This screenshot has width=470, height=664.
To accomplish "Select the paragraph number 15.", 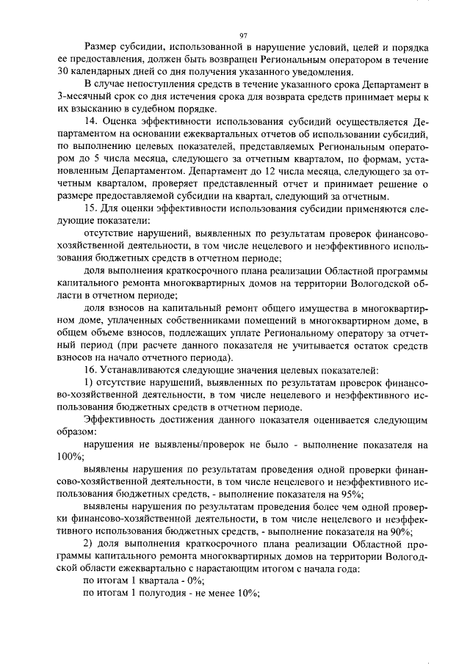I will coord(90,209).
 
